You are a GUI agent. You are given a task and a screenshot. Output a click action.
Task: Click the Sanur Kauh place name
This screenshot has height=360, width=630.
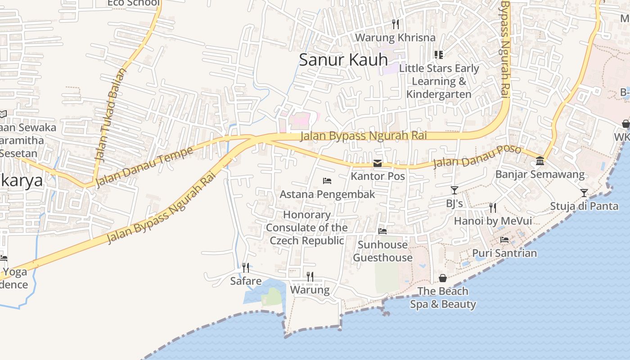coord(343,60)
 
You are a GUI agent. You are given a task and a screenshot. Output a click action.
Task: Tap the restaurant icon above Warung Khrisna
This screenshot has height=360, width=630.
coord(395,24)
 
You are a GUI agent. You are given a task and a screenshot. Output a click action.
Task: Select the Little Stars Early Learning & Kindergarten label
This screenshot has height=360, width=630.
coord(439,81)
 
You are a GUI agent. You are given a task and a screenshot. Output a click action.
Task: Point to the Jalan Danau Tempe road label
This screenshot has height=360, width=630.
coord(144,166)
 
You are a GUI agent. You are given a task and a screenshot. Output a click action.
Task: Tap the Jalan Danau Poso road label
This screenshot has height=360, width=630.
coord(477,156)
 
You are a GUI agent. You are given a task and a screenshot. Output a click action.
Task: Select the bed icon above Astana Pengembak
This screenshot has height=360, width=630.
coord(327,181)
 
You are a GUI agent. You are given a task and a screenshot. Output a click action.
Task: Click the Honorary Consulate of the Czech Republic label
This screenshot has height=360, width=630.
coord(307,228)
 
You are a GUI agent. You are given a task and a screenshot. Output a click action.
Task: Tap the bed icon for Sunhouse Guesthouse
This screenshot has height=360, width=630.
coord(382,231)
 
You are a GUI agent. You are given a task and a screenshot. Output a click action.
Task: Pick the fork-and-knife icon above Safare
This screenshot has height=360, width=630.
coord(246,268)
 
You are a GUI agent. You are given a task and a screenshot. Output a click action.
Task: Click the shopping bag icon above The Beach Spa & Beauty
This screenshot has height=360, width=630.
coord(443,278)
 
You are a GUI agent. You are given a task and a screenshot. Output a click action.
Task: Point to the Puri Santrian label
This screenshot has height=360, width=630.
coord(504,253)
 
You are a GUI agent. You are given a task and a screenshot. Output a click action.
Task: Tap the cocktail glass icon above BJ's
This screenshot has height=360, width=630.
coord(454,190)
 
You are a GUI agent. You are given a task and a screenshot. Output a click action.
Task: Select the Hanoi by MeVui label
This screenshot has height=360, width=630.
coord(492,221)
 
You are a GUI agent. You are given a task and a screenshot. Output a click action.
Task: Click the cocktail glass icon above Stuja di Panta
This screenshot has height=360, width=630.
coord(584,193)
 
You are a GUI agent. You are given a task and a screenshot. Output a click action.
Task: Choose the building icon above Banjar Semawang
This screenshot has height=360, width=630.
coord(540,161)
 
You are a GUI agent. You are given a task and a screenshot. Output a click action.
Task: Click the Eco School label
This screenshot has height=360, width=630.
coord(133,3)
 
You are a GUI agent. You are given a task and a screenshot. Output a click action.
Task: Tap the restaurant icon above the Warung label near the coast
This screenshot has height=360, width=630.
coord(310,276)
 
